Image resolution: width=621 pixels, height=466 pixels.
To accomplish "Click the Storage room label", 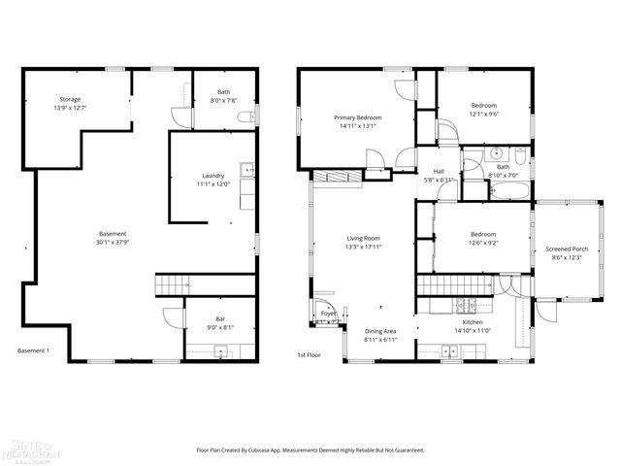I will (x=69, y=99).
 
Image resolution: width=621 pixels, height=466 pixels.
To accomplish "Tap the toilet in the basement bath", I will (x=251, y=116).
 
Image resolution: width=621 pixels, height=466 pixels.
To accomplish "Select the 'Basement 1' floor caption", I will (x=33, y=350).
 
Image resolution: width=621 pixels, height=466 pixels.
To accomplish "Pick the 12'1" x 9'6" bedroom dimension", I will (x=484, y=114).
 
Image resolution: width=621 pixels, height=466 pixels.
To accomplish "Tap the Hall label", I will (x=439, y=171).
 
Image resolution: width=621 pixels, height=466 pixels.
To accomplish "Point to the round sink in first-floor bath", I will (x=496, y=153).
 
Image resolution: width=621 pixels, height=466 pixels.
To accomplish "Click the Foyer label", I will (x=328, y=314).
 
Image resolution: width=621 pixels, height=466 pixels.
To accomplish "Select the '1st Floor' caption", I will (x=309, y=355).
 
